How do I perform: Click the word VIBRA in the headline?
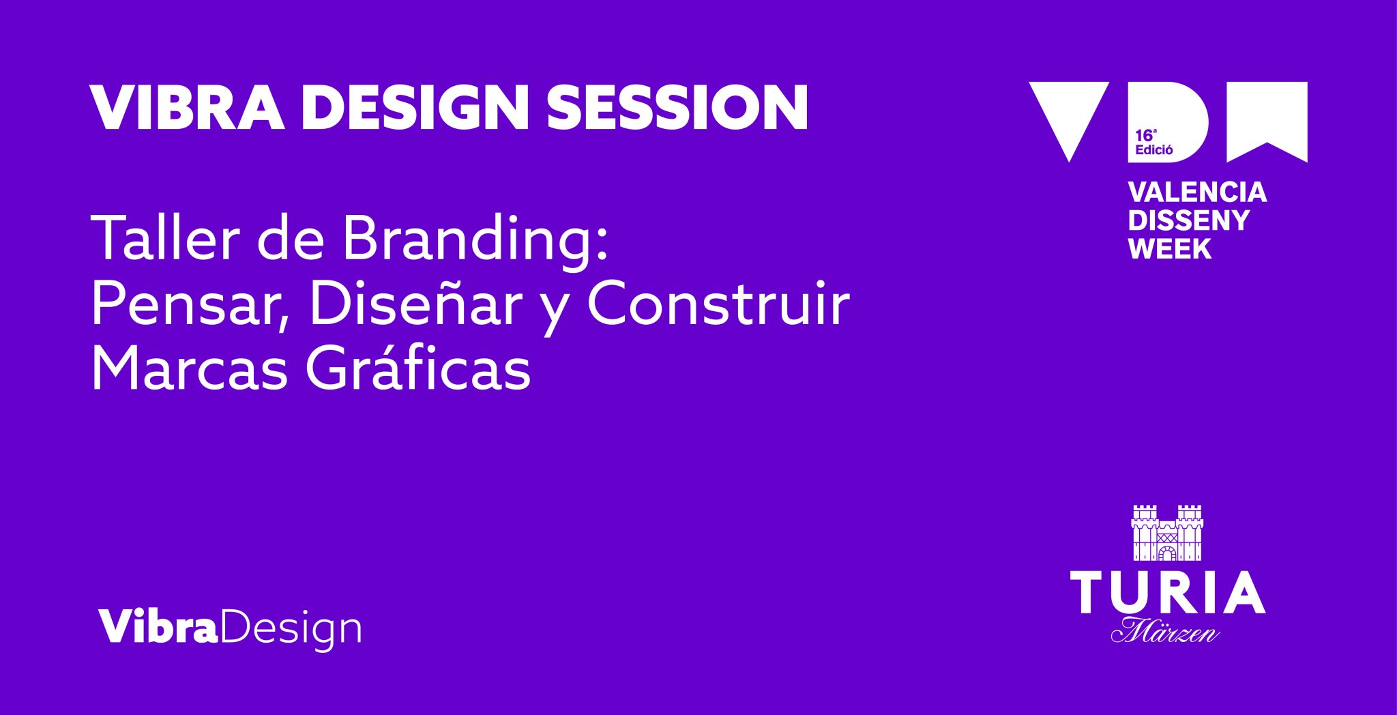[x=186, y=108]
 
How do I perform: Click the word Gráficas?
[x=417, y=370]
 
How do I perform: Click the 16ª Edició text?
[x=1153, y=143]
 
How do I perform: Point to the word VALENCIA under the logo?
[x=1197, y=192]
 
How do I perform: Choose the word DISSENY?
[x=1188, y=220]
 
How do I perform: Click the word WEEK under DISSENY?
[x=1170, y=248]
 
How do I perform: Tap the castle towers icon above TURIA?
[x=1167, y=533]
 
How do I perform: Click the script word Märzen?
[x=1166, y=631]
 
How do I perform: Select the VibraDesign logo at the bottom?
[x=230, y=627]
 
